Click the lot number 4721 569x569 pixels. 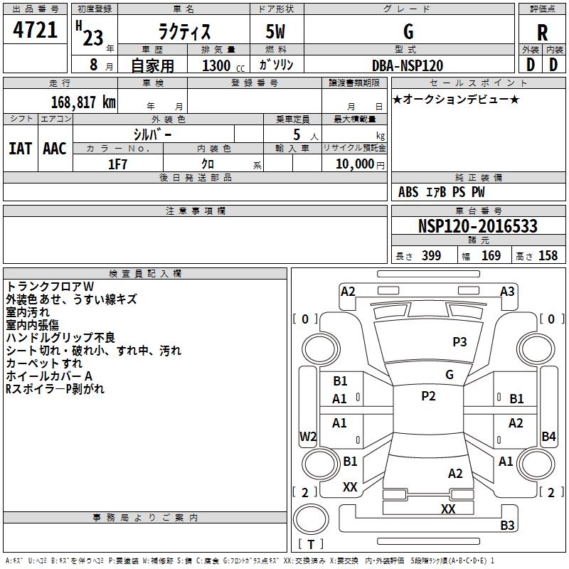(35, 30)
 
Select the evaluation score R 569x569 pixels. (542, 33)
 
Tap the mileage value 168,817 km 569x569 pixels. (83, 102)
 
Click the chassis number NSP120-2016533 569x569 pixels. (477, 225)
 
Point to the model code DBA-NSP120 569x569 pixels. (408, 65)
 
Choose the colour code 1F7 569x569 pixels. (117, 164)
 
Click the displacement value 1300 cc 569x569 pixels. (223, 65)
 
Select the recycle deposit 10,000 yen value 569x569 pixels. (360, 164)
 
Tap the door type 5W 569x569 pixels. (275, 31)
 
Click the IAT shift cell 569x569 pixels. (21, 149)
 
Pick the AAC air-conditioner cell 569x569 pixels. (55, 149)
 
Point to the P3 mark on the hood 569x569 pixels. (459, 342)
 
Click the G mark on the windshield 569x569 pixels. (450, 375)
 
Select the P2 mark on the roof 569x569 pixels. (429, 396)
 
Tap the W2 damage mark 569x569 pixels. (308, 436)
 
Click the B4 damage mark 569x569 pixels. (548, 436)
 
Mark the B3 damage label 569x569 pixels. (507, 525)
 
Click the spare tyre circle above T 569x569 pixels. (311, 519)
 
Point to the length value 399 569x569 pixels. (432, 255)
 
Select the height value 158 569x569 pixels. (548, 255)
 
